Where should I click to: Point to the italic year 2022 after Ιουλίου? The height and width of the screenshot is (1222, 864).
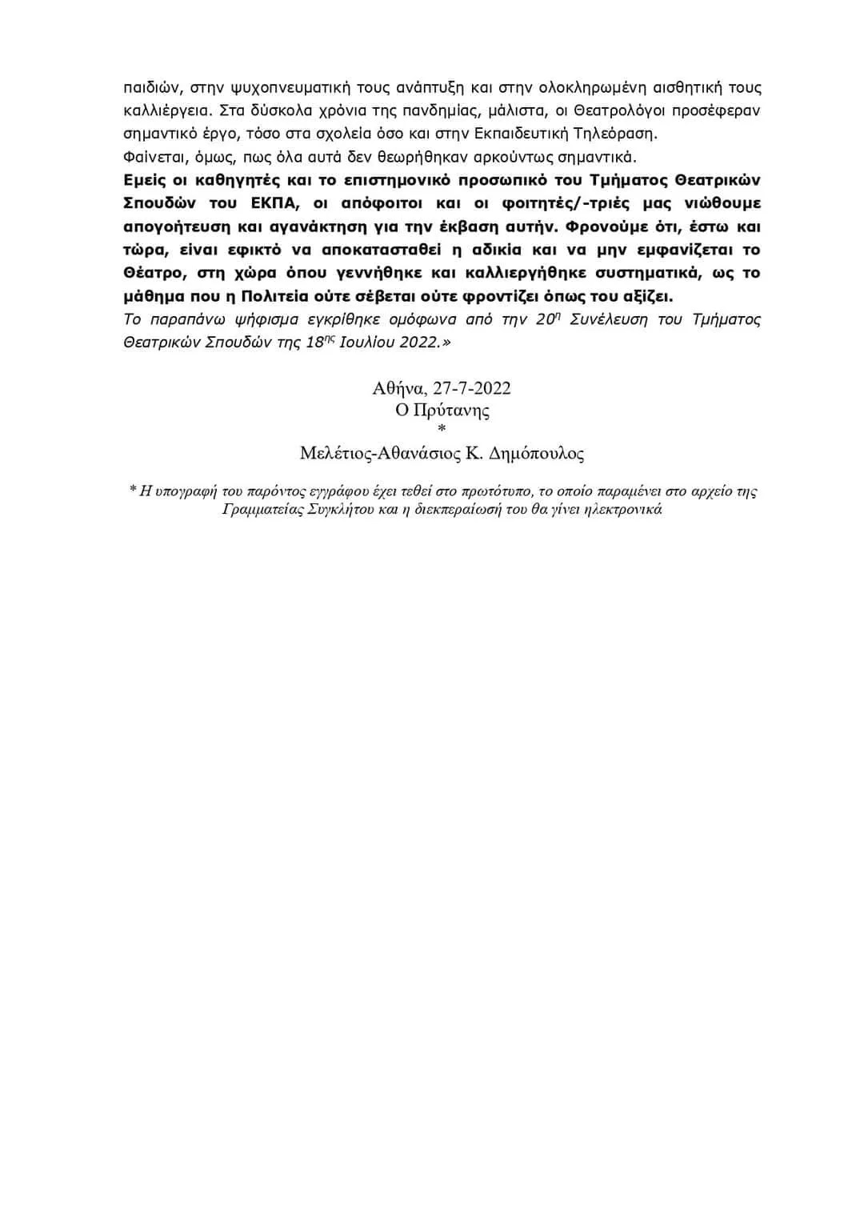418,342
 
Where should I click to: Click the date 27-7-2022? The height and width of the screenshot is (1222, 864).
472,388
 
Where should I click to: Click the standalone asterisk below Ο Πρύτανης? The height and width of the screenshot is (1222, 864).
442,431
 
